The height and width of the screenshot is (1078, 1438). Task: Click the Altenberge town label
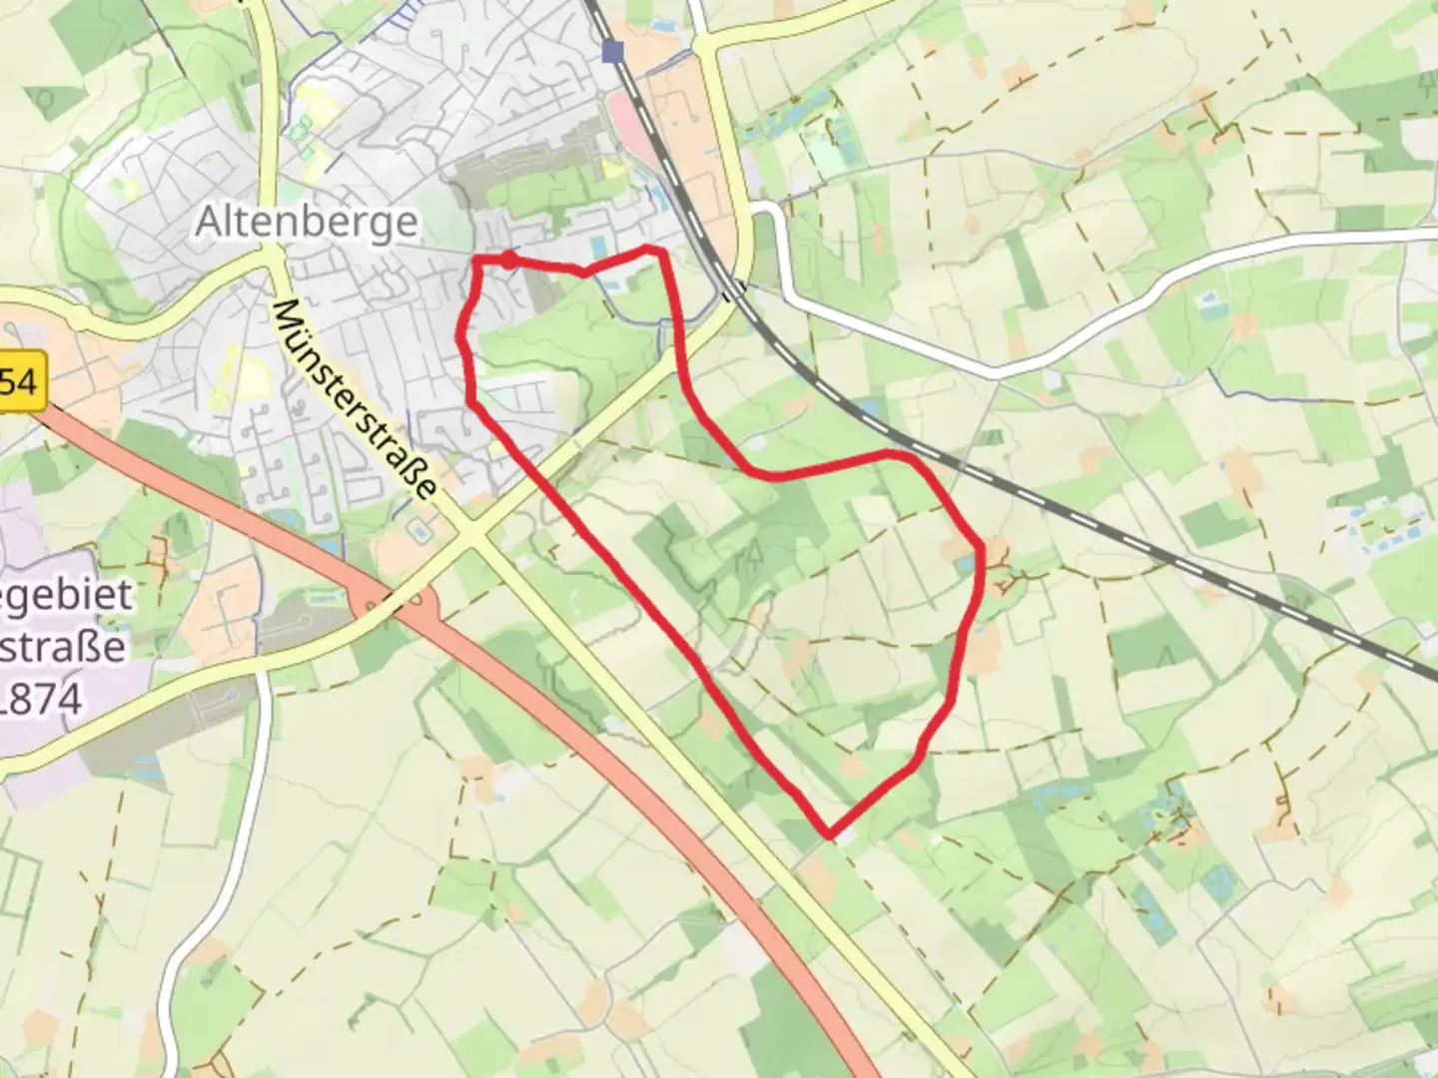306,221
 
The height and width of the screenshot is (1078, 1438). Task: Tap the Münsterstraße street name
354,400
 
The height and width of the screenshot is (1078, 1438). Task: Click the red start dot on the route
509,261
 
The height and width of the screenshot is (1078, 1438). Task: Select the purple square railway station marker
612,52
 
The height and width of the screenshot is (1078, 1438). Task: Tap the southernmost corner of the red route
829,832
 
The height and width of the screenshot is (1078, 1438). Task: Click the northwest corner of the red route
476,261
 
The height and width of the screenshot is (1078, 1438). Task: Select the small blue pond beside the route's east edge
965,566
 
